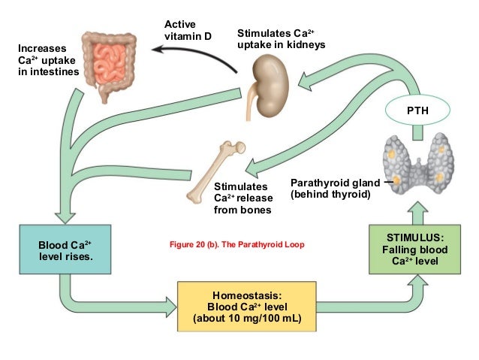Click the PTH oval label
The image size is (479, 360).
point(417,111)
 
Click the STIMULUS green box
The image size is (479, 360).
point(414,249)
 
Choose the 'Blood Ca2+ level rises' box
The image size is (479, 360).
point(65,250)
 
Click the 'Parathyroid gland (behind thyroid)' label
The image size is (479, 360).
point(330,189)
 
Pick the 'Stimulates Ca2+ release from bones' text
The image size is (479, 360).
point(242,198)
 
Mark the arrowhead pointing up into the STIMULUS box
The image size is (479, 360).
point(414,213)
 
